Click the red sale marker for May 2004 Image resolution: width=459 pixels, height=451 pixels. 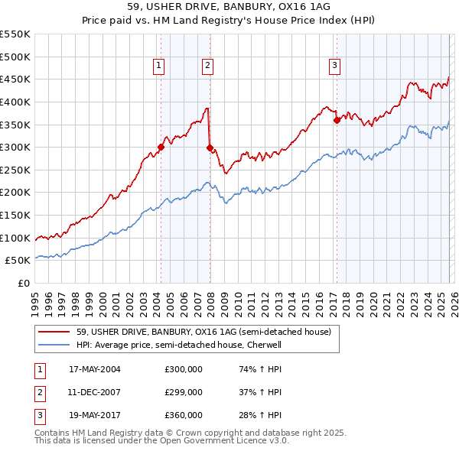tap(161, 148)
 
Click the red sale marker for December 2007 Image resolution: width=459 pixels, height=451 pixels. tap(209, 148)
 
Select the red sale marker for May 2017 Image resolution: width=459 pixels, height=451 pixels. tap(337, 119)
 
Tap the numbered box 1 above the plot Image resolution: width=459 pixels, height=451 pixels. tap(159, 67)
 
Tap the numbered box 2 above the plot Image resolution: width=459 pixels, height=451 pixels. tap(207, 67)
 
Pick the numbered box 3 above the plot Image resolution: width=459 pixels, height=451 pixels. tap(335, 67)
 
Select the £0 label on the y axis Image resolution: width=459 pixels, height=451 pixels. tap(23, 284)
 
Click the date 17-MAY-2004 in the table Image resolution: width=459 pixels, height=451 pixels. tap(95, 369)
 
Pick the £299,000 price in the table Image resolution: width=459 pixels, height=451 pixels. tap(184, 392)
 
